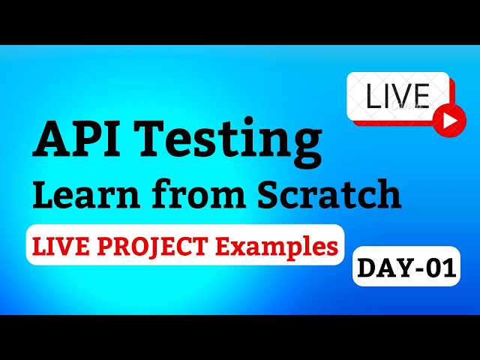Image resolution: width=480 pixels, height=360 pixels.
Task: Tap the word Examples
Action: tap(289, 244)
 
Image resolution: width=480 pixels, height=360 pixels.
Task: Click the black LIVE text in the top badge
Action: tap(397, 96)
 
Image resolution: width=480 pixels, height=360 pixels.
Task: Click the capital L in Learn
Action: tap(43, 194)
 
